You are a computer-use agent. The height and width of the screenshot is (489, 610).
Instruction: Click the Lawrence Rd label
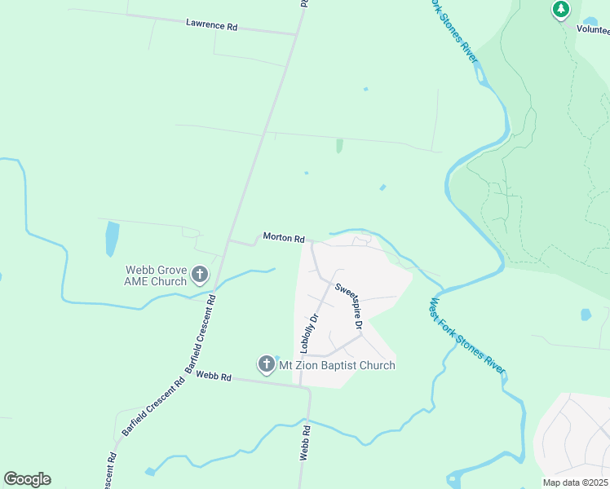pyautogui.click(x=211, y=26)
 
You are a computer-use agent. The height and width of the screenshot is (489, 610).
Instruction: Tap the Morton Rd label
pyautogui.click(x=284, y=238)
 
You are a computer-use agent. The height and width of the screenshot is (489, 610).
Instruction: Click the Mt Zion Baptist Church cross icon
pyautogui.click(x=266, y=364)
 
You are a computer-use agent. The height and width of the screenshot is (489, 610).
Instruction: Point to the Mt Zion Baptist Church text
pyautogui.click(x=337, y=365)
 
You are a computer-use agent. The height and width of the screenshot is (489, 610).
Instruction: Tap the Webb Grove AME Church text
pyautogui.click(x=156, y=275)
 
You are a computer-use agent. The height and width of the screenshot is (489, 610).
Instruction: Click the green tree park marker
pyautogui.click(x=560, y=10)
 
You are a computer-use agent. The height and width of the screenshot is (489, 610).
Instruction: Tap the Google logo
pyautogui.click(x=27, y=479)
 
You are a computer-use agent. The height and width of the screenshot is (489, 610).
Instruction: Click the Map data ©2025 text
pyautogui.click(x=575, y=482)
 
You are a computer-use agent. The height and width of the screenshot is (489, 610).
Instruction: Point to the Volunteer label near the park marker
pyautogui.click(x=593, y=29)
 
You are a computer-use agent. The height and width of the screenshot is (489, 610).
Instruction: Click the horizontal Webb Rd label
pyautogui.click(x=214, y=377)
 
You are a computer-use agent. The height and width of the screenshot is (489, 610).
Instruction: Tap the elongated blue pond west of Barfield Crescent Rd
pyautogui.click(x=112, y=239)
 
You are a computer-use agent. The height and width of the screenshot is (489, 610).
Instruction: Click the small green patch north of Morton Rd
pyautogui.click(x=339, y=146)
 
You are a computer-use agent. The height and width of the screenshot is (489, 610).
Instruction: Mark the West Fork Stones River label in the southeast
pyautogui.click(x=466, y=341)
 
